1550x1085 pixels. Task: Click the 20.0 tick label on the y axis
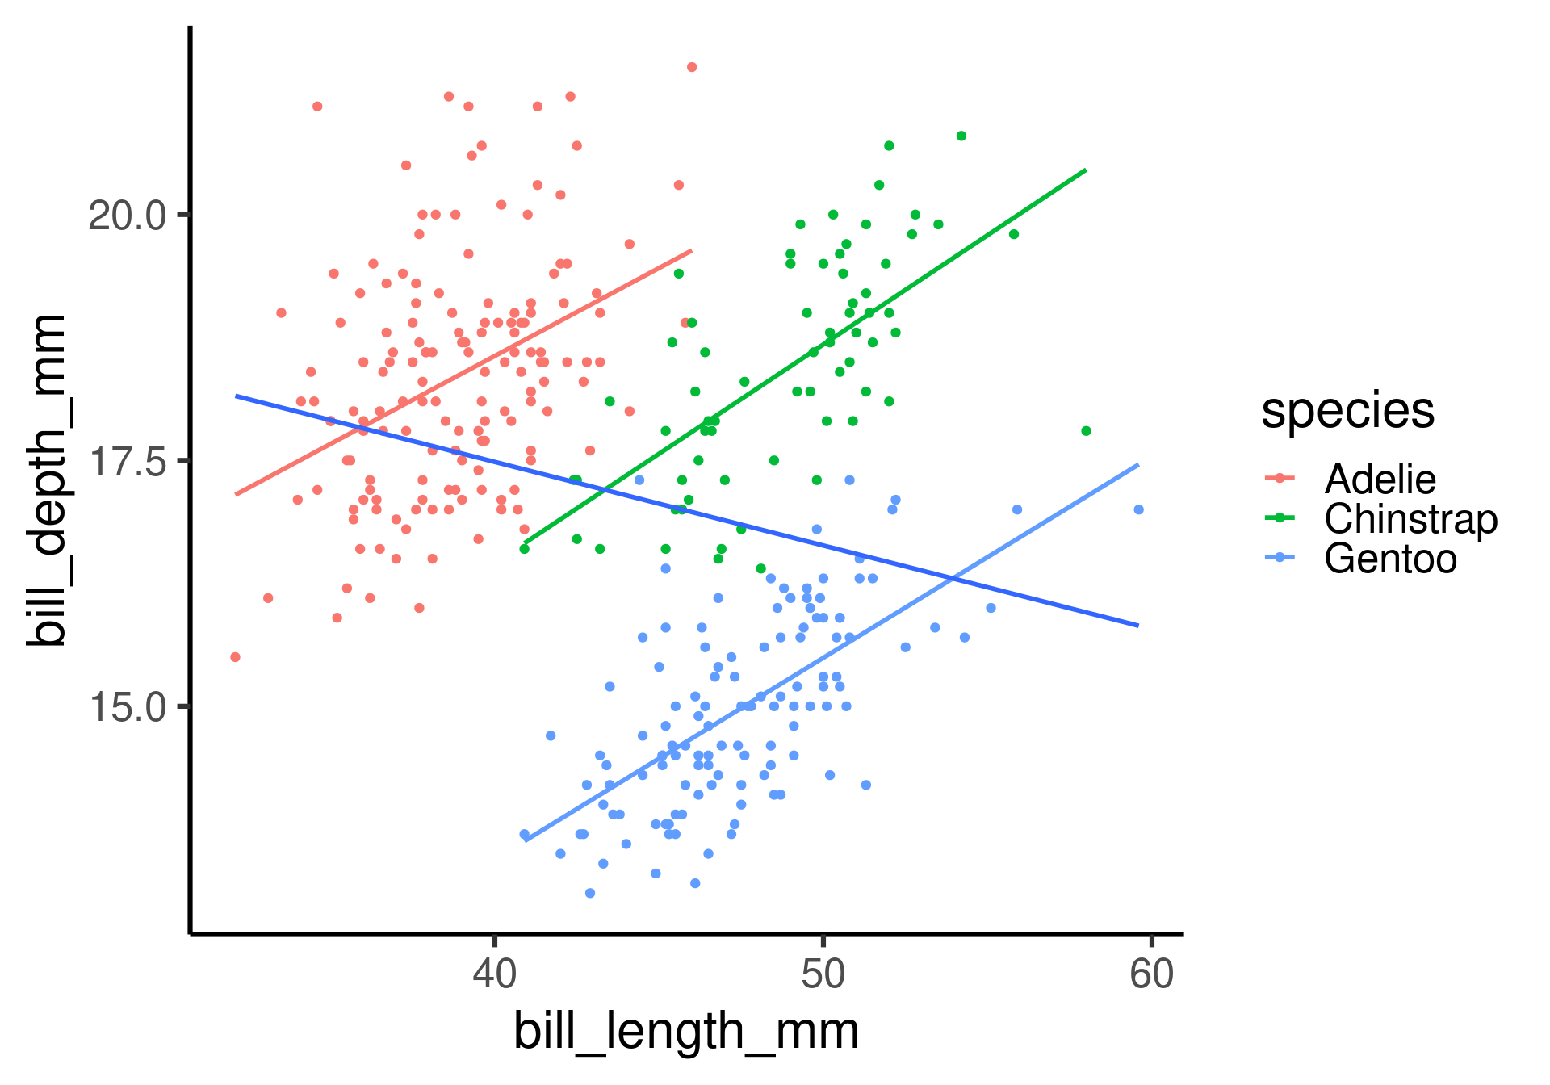(x=127, y=216)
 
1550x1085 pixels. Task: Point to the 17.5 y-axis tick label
(x=127, y=462)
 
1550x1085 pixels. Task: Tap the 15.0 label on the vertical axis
(x=127, y=708)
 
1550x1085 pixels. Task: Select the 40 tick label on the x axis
(x=494, y=974)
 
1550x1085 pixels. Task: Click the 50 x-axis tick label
(x=823, y=974)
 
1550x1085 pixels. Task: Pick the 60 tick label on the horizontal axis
(x=1151, y=974)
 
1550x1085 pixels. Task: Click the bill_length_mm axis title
(x=686, y=1032)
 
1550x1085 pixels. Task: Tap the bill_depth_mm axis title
(x=47, y=480)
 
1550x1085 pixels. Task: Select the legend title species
(x=1347, y=411)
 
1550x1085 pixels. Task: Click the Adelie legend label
(x=1380, y=480)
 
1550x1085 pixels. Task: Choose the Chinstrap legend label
(x=1410, y=519)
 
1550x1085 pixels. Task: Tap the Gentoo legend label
(x=1390, y=559)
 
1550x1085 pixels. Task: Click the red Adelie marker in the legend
(x=1280, y=479)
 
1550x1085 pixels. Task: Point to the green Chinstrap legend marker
(x=1280, y=518)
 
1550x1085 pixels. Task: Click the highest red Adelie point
(x=692, y=67)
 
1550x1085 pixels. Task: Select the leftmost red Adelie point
(x=235, y=657)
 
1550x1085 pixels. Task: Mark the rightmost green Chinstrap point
(x=1086, y=431)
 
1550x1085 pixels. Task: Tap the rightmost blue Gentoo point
(x=1138, y=509)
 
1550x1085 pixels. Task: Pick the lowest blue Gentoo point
(x=590, y=893)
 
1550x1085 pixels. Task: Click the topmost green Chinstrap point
(x=961, y=136)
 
